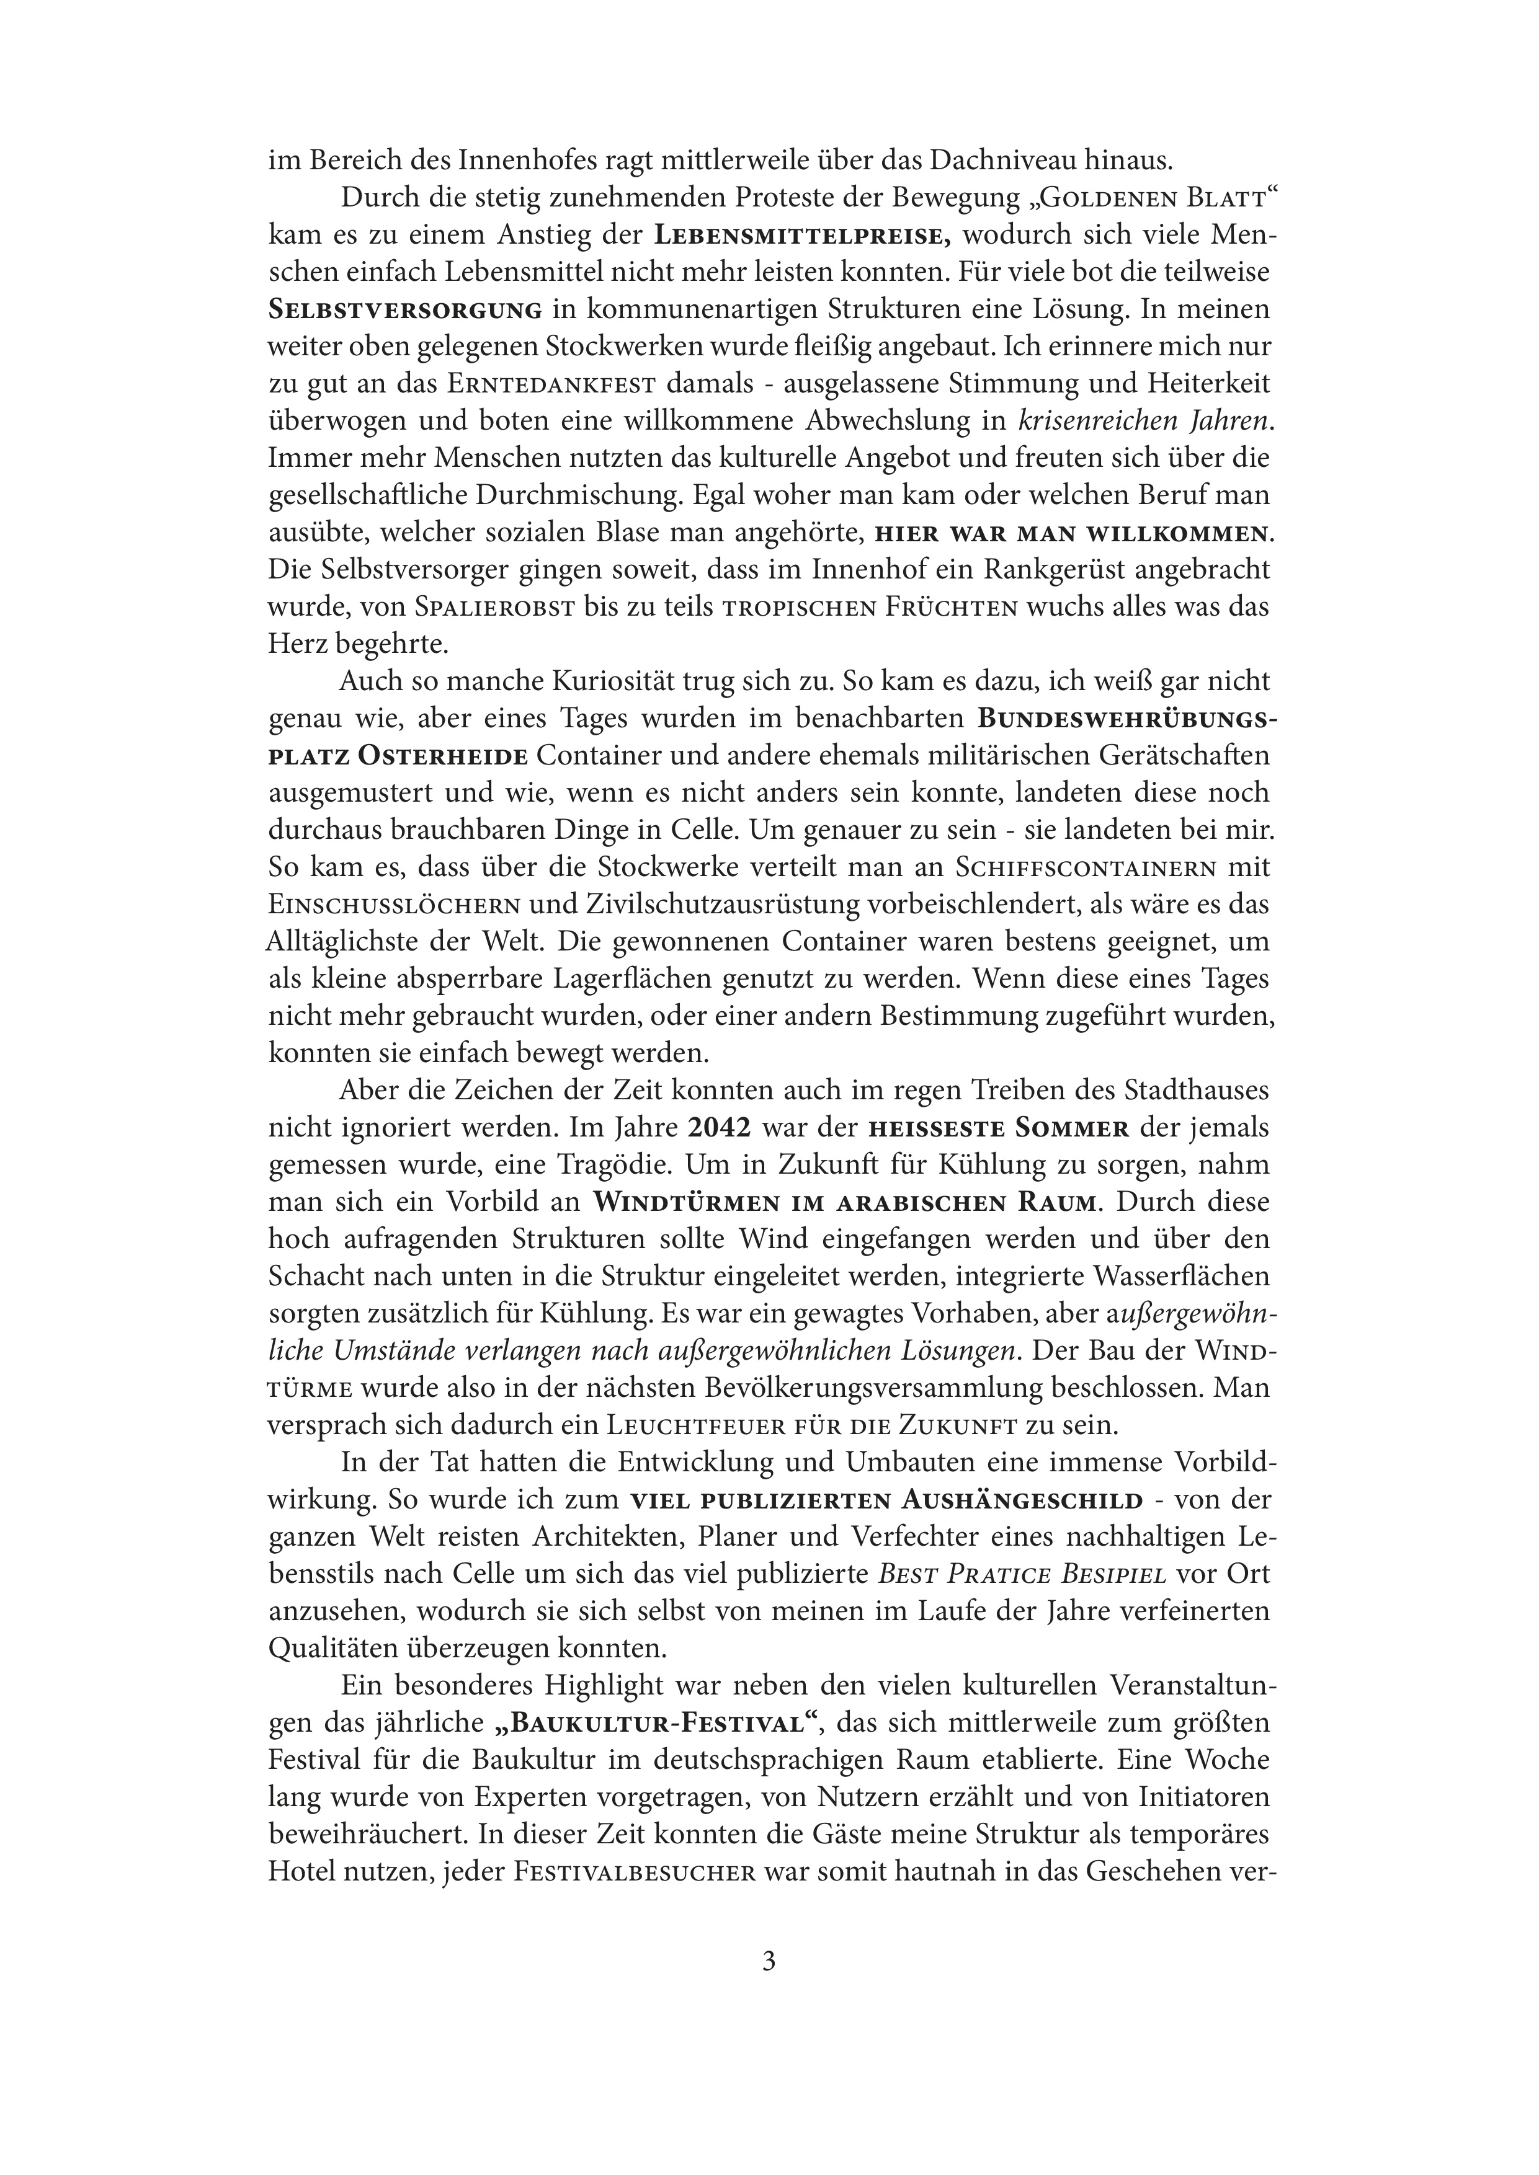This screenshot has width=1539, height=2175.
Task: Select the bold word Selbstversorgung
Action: pyautogui.click(x=406, y=311)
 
